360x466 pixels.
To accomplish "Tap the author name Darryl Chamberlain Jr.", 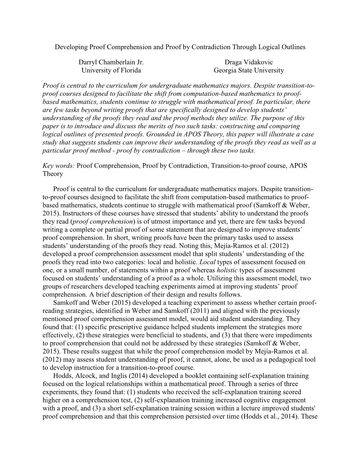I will click(111, 62).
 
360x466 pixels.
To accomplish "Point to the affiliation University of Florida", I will click(111, 70).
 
